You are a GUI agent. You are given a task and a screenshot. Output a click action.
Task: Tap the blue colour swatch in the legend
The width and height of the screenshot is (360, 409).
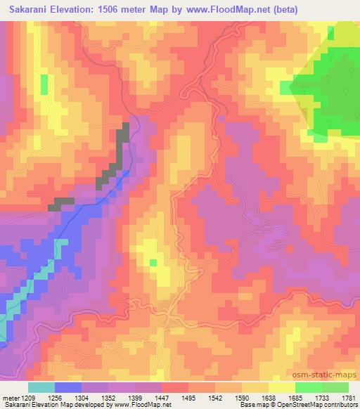pyautogui.click(x=67, y=387)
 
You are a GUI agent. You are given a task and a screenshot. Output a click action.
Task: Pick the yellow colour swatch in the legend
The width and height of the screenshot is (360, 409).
pyautogui.click(x=281, y=387)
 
